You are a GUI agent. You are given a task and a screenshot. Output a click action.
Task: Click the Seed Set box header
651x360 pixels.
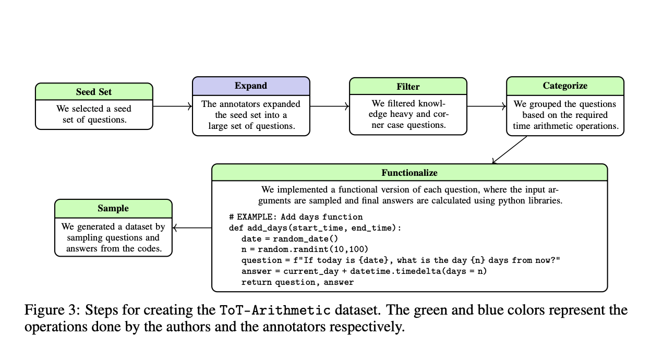tap(94, 92)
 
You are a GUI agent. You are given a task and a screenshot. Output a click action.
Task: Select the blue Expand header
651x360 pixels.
tap(251, 86)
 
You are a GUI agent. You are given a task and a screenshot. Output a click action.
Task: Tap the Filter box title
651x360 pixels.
tap(408, 87)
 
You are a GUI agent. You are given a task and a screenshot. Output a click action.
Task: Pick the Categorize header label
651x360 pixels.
tap(565, 86)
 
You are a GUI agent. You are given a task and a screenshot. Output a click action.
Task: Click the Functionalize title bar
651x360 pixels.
tap(409, 172)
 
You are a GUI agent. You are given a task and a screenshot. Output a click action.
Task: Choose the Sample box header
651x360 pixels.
tap(113, 208)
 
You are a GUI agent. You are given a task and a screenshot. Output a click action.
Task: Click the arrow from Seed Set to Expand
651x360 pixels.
tap(173, 106)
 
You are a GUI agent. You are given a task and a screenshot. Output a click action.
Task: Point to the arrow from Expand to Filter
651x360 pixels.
tap(330, 106)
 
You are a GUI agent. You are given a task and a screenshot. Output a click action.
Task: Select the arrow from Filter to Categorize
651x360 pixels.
tap(487, 106)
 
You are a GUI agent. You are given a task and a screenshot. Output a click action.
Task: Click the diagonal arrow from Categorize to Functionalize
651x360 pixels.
tap(510, 150)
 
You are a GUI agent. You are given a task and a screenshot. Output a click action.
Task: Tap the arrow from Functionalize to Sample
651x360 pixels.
tap(192, 227)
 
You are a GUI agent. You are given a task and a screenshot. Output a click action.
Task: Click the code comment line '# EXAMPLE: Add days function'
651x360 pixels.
tap(295, 217)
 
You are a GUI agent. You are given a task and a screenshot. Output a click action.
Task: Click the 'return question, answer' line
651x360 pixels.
tap(297, 282)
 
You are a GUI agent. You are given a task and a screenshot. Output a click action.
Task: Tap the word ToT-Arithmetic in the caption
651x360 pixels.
tap(273, 311)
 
